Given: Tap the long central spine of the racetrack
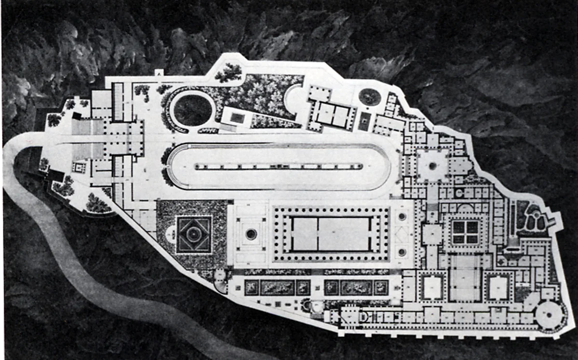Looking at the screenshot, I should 278,166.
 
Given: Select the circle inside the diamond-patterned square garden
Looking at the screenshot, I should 194,234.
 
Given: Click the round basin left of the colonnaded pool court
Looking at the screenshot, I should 251,234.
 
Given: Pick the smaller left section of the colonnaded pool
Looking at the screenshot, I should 305,234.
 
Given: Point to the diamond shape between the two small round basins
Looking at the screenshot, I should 402,234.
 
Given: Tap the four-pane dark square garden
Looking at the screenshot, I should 465,232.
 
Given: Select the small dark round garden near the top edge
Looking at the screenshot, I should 369,96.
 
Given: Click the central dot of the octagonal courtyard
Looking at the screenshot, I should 433,166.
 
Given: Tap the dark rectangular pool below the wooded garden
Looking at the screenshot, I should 237,118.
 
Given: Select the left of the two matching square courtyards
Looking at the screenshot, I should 432,288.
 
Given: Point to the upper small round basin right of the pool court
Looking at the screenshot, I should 402,217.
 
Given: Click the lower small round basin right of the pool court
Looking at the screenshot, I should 402,252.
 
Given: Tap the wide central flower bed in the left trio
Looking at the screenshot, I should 277,288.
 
